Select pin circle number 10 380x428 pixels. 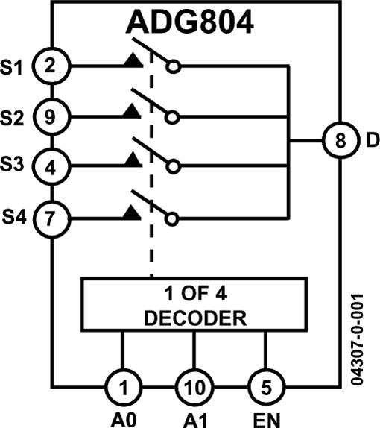[194, 387]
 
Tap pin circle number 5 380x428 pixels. [266, 387]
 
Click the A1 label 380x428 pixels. [194, 418]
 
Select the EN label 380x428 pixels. [266, 418]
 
